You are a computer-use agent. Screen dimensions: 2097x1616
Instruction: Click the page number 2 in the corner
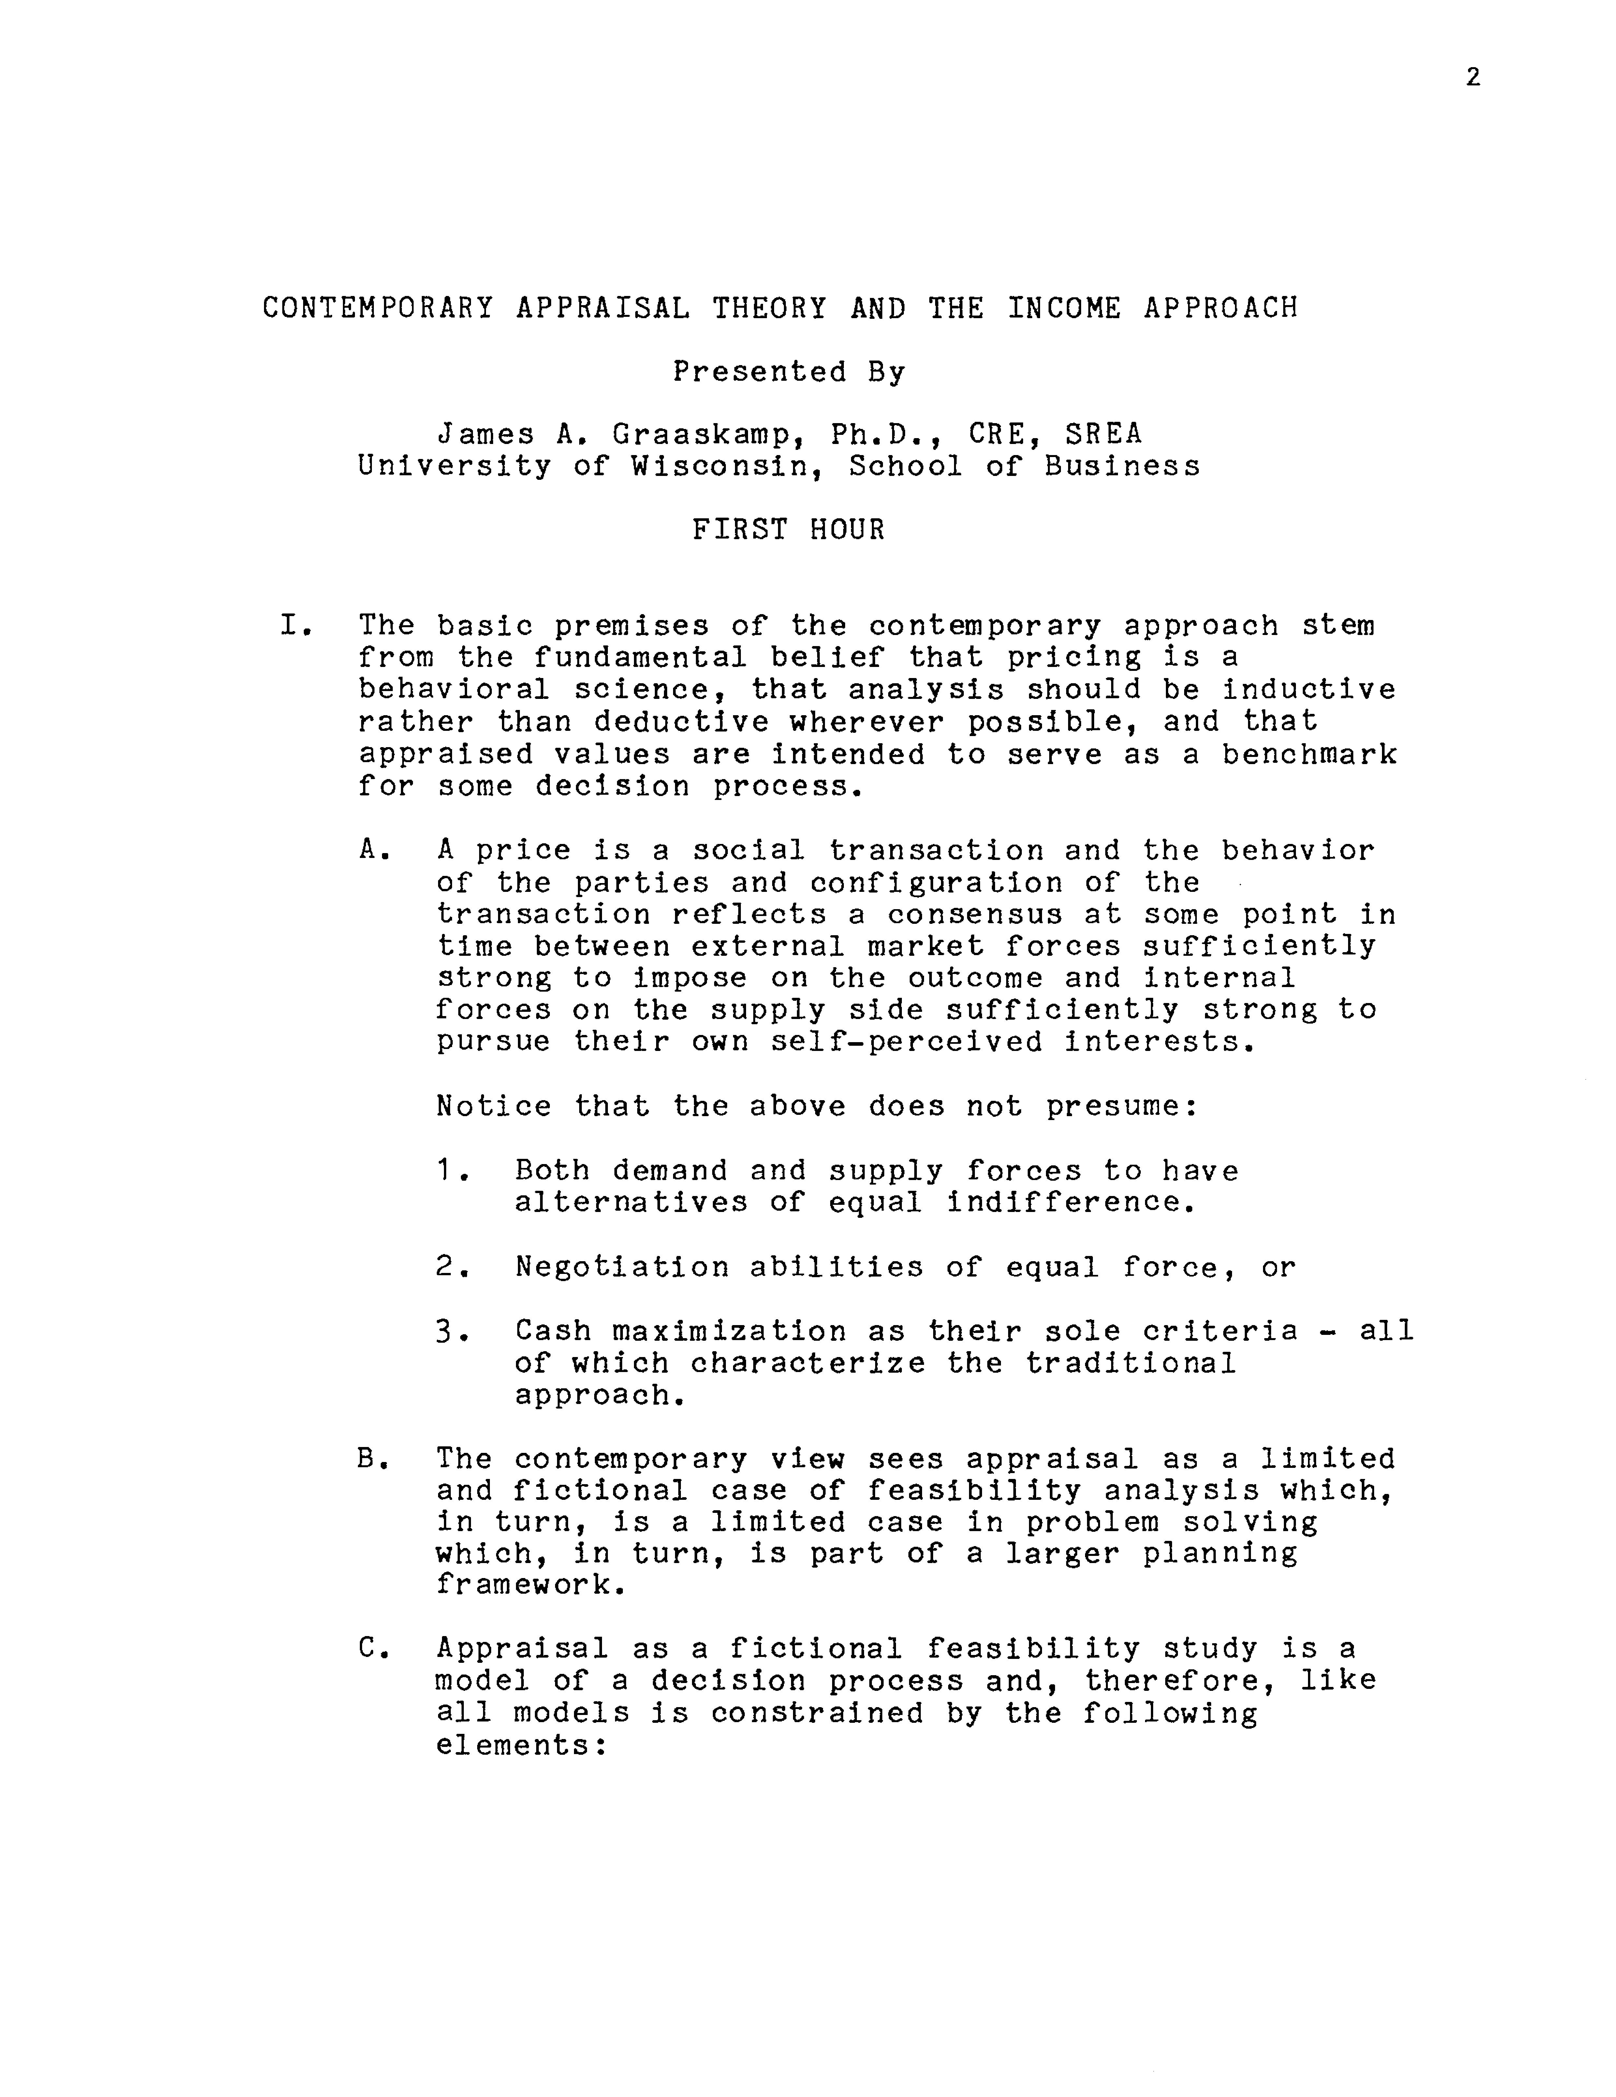1473,78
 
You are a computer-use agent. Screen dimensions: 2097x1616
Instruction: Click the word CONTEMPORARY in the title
378,308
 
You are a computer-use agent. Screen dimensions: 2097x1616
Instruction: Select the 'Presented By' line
788,372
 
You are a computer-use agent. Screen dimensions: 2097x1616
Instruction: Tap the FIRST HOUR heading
788,530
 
